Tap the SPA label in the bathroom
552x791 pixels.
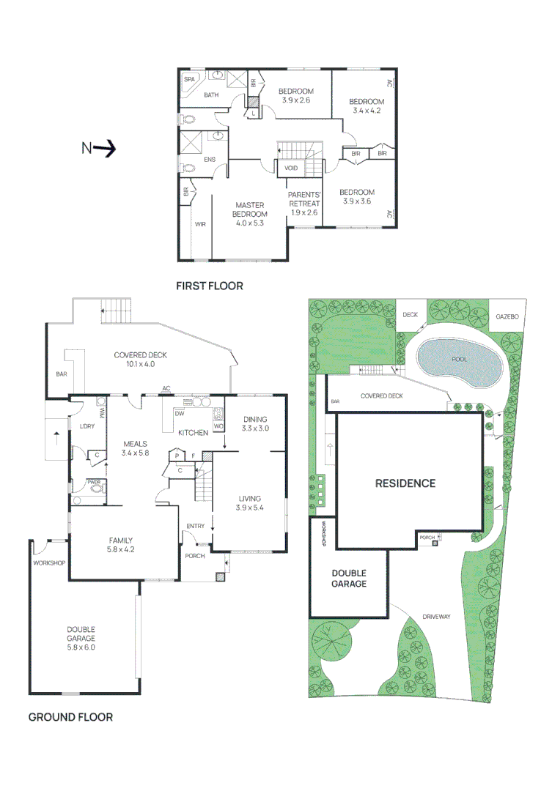(189, 79)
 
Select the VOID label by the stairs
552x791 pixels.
(291, 168)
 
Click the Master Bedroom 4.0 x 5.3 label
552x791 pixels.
(249, 214)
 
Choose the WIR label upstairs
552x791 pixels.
(200, 225)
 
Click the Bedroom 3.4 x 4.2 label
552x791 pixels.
(366, 106)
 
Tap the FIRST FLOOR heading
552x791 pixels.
(209, 286)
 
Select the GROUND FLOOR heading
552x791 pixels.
(70, 717)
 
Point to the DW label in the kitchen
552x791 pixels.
(180, 413)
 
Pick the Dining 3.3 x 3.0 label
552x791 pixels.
(256, 423)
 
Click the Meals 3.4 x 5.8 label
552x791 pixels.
(136, 448)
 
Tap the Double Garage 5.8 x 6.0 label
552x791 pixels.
(81, 638)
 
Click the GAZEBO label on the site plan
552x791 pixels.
(507, 316)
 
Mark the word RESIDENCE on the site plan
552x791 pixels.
(405, 483)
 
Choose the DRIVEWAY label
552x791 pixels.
(437, 617)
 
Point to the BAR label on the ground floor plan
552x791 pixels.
(61, 374)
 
